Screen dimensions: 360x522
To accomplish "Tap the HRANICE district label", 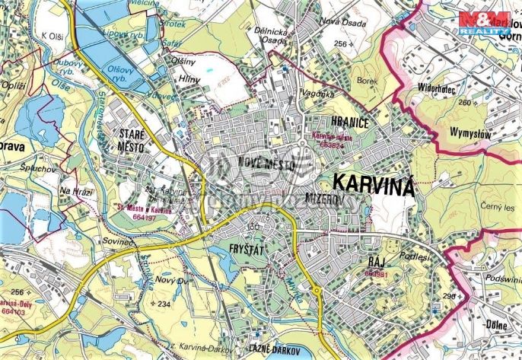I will (329, 121).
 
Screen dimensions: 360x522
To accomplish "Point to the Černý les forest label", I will (498, 206).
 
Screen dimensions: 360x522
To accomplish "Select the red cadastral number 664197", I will (142, 217).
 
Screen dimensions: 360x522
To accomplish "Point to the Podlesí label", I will (412, 257).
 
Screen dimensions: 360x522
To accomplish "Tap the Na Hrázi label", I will (76, 190).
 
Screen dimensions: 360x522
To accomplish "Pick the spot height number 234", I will (164, 304).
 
